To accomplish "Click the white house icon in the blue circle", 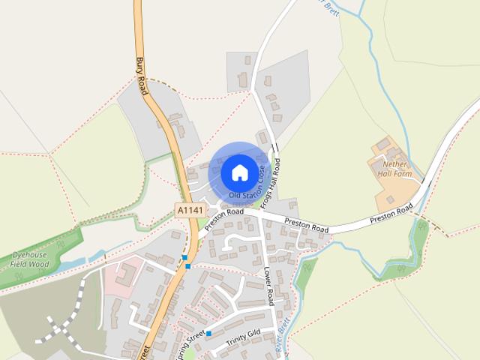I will (239, 172).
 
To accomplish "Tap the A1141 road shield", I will (190, 211).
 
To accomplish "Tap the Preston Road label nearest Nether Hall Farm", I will (391, 214).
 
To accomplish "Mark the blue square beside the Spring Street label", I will (209, 333).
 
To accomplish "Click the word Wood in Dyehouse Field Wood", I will (40, 265).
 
